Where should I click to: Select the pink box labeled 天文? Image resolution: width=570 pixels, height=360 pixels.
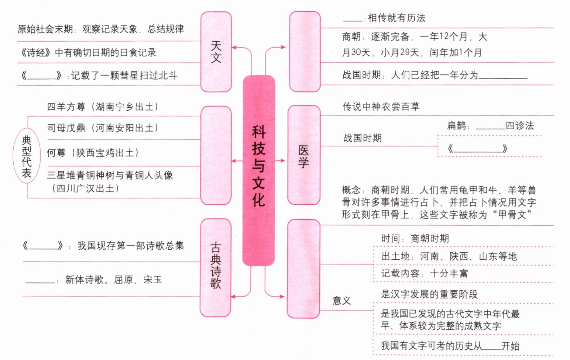216,52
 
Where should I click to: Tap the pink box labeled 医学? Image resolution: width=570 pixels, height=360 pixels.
303,155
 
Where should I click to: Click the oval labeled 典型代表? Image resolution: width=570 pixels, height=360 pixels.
27,156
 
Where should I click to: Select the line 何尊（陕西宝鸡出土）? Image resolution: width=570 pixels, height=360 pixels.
93,153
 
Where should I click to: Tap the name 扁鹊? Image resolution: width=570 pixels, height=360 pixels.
457,126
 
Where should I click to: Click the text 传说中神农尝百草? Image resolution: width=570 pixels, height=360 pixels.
381,107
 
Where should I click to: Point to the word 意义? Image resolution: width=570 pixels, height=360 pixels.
341,301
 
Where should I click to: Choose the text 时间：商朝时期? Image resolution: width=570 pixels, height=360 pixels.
415,239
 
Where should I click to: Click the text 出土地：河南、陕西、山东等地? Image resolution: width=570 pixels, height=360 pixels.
449,256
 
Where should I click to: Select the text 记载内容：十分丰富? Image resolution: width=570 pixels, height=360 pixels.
425,273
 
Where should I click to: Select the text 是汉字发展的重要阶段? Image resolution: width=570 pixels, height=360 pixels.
429,294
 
